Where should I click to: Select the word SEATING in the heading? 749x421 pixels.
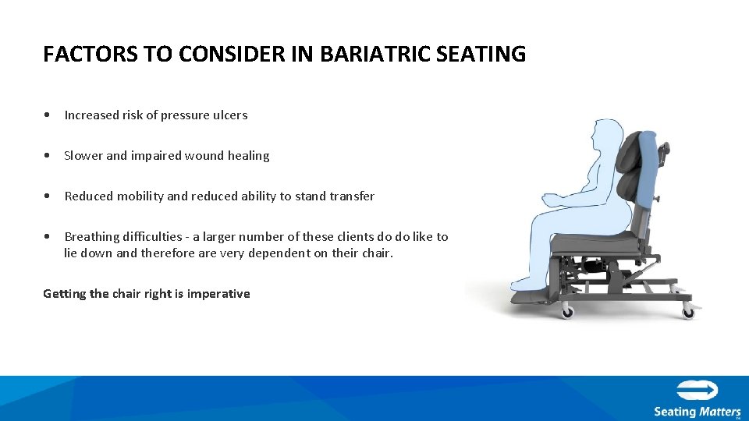pyautogui.click(x=487, y=55)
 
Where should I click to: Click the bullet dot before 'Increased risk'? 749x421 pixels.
pyautogui.click(x=48, y=115)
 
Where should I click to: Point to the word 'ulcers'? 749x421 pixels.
pyautogui.click(x=230, y=115)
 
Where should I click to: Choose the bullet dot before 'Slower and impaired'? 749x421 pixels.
pyautogui.click(x=48, y=156)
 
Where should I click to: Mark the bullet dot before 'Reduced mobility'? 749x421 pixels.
pyautogui.click(x=48, y=196)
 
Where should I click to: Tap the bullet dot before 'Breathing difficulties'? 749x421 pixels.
pyautogui.click(x=48, y=237)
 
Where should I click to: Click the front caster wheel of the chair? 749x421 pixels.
pyautogui.click(x=567, y=311)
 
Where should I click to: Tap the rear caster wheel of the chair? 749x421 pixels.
pyautogui.click(x=688, y=312)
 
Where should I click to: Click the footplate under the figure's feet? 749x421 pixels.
pyautogui.click(x=531, y=295)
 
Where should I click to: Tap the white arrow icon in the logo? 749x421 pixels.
pyautogui.click(x=697, y=391)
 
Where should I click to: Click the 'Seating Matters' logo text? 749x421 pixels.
pyautogui.click(x=697, y=411)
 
